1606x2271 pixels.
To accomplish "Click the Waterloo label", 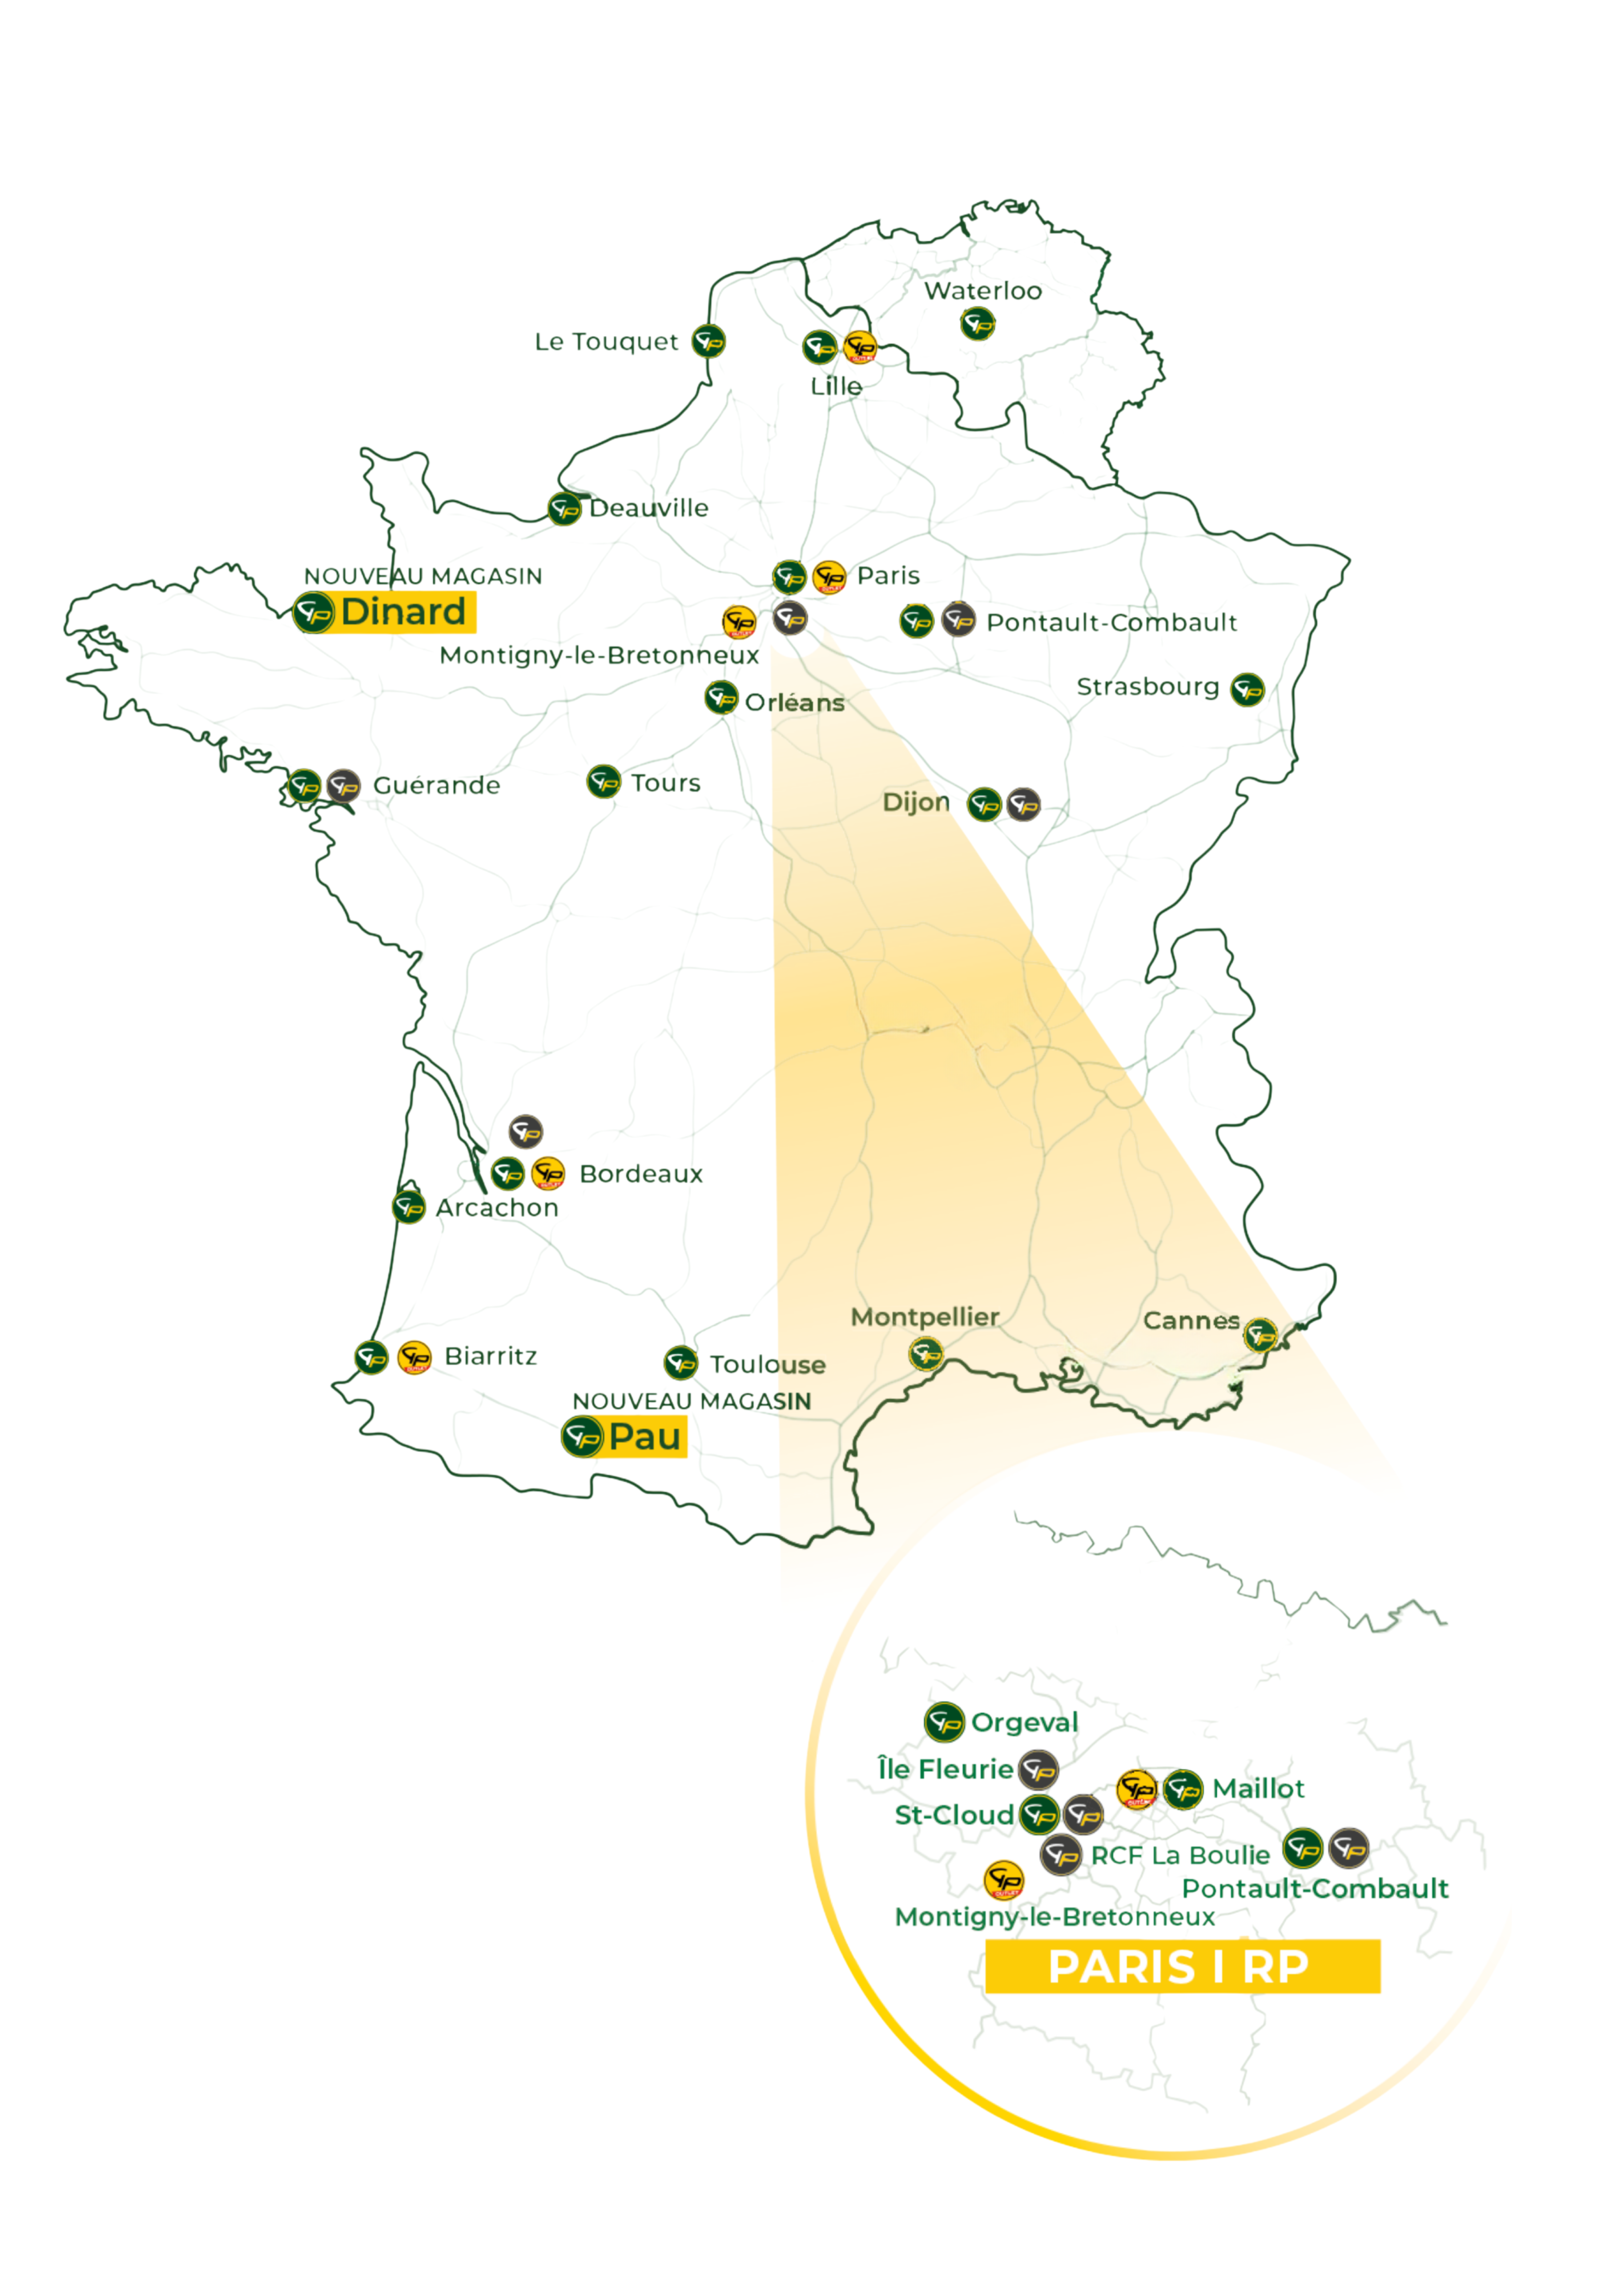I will [983, 291].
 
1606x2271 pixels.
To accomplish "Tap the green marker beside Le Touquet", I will [708, 341].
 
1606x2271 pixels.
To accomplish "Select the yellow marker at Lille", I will [860, 347].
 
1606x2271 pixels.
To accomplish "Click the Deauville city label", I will [649, 508].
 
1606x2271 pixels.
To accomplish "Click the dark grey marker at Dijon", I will [1023, 805].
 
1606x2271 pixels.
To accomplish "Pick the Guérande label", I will [436, 785].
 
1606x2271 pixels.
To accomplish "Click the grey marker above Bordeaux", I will [526, 1130].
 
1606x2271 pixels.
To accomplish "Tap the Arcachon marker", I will [408, 1207].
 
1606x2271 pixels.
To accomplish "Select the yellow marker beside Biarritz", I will [415, 1357].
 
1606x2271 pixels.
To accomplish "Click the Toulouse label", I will [768, 1365].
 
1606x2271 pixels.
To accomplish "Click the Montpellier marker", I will [925, 1353].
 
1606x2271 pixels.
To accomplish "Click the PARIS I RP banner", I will [1182, 1967].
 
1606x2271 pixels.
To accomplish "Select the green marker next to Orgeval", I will [944, 1722].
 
